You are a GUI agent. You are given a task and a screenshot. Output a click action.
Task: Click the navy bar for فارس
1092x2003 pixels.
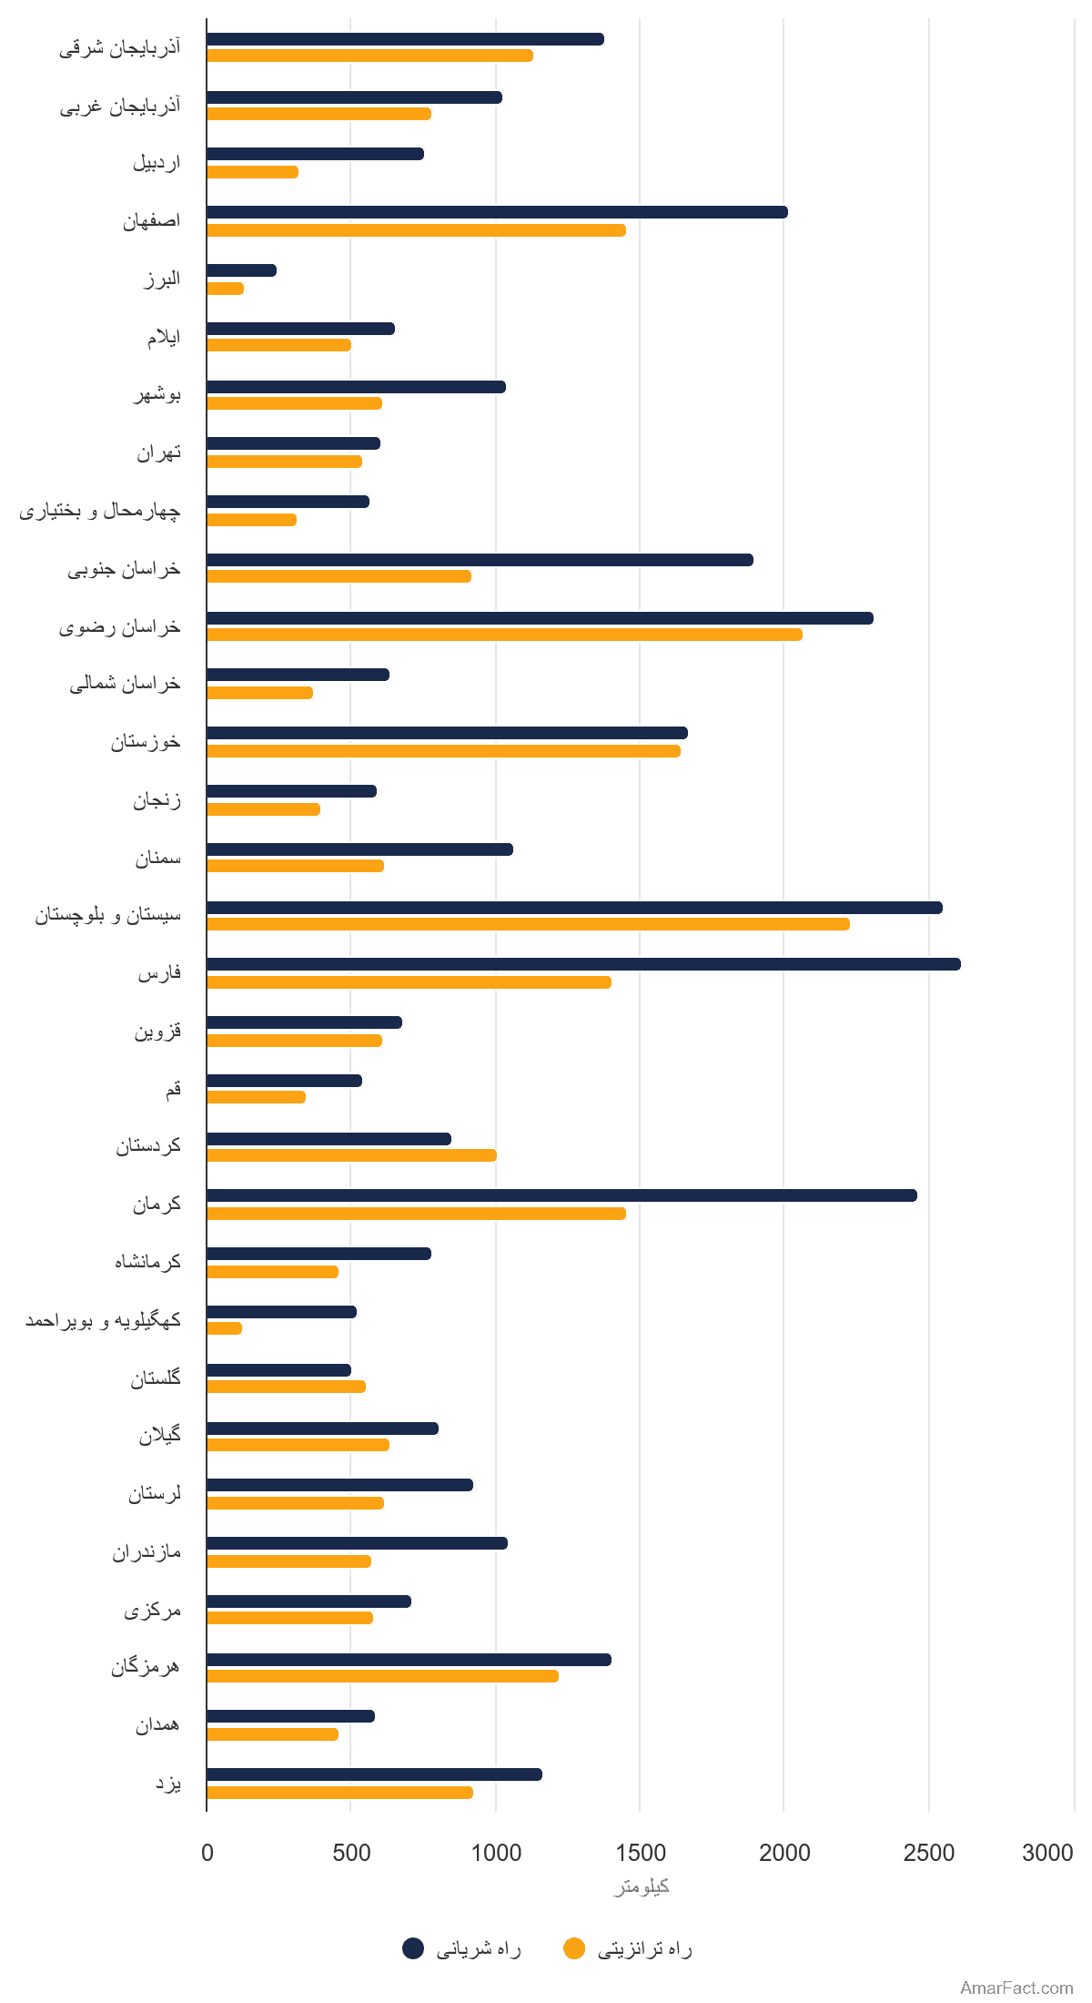pyautogui.click(x=583, y=964)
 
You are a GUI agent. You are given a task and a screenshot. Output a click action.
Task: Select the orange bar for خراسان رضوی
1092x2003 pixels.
pyautogui.click(x=504, y=635)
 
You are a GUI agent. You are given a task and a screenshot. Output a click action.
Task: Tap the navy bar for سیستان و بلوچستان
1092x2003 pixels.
pyautogui.click(x=574, y=908)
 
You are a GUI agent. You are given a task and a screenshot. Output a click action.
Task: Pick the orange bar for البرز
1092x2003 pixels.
pyautogui.click(x=225, y=289)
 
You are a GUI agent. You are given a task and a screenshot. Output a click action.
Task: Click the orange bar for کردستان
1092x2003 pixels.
pyautogui.click(x=351, y=1155)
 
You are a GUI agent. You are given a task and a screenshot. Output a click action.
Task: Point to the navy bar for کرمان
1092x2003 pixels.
pyautogui.click(x=561, y=1195)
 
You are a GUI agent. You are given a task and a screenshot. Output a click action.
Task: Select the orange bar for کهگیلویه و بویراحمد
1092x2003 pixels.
pyautogui.click(x=224, y=1328)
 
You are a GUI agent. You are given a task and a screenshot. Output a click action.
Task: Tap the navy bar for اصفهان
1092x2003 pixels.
pyautogui.click(x=497, y=212)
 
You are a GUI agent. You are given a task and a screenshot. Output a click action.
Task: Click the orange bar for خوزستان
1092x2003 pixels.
pyautogui.click(x=443, y=751)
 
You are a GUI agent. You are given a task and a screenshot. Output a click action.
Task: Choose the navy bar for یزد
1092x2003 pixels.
pyautogui.click(x=374, y=1774)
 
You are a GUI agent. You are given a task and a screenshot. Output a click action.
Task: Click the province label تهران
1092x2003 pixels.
pyautogui.click(x=159, y=452)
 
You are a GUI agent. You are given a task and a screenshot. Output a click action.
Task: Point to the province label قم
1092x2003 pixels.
pyautogui.click(x=173, y=1089)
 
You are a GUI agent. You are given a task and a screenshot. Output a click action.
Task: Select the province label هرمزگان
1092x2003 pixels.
pyautogui.click(x=146, y=1667)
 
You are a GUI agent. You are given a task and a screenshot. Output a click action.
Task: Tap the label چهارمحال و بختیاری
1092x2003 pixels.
pyautogui.click(x=100, y=511)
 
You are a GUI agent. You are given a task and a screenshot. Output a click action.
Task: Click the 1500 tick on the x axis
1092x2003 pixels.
pyautogui.click(x=641, y=1853)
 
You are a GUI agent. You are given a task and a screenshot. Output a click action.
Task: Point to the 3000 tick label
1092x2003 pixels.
pyautogui.click(x=1047, y=1853)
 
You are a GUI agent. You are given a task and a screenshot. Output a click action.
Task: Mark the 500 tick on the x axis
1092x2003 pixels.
pyautogui.click(x=351, y=1853)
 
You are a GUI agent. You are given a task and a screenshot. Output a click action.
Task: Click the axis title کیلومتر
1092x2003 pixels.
pyautogui.click(x=642, y=1886)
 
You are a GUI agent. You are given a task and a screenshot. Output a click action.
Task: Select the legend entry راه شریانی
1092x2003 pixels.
pyautogui.click(x=462, y=1948)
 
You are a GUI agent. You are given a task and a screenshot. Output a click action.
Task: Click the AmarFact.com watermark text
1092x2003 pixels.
pyautogui.click(x=1016, y=1988)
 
